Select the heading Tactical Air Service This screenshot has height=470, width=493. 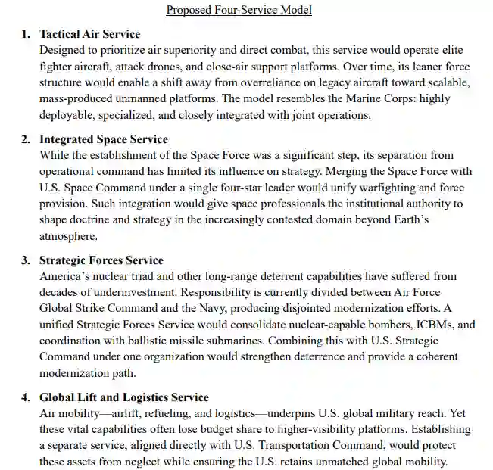pyautogui.click(x=89, y=35)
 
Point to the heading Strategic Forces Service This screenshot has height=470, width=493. pyautogui.click(x=101, y=260)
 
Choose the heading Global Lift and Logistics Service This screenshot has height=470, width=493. pyautogui.click(x=123, y=397)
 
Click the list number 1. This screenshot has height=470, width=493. pyautogui.click(x=24, y=35)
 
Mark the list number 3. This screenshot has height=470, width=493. pyautogui.click(x=24, y=260)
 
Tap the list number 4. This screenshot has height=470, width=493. pyautogui.click(x=24, y=397)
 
